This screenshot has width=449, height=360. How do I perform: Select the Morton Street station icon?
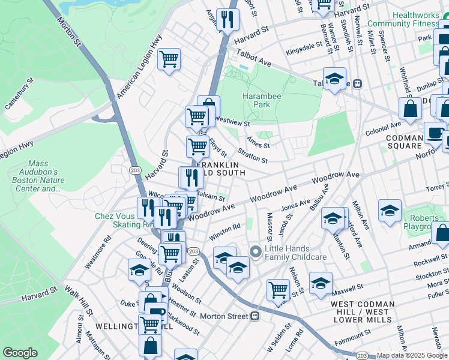tap(255, 316)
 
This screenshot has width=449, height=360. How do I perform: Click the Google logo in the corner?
tap(20, 353)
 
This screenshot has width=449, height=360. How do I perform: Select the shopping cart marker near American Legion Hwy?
tap(169, 59)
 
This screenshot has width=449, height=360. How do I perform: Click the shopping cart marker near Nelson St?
tap(279, 290)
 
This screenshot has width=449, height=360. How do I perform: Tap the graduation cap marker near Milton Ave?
tap(390, 211)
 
